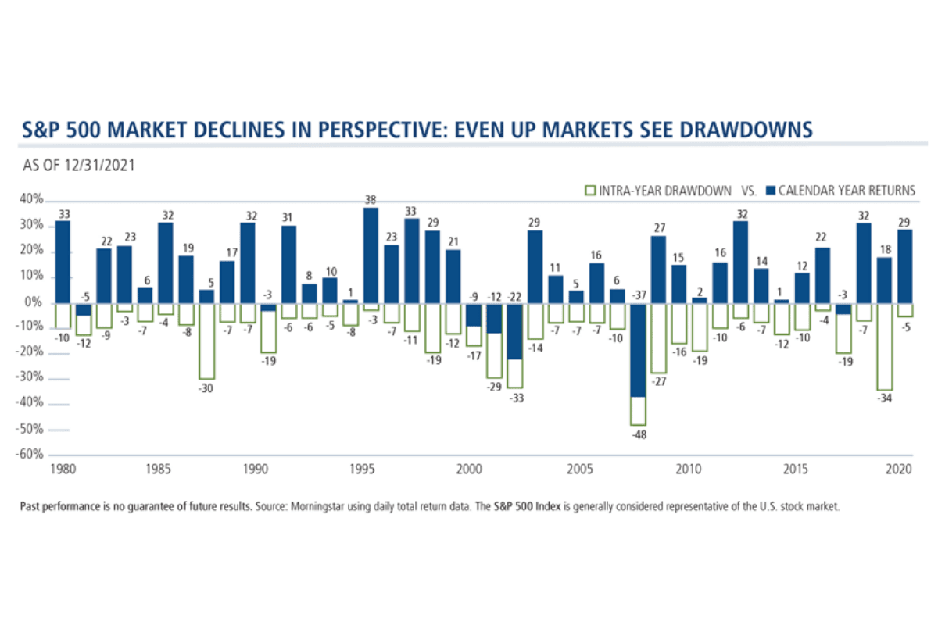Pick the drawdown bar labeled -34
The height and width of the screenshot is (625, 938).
[884, 347]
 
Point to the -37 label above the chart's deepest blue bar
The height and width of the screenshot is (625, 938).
[639, 296]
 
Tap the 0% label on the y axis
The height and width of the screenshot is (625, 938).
[34, 303]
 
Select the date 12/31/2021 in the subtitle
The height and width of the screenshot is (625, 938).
[98, 165]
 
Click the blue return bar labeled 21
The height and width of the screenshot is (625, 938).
[453, 277]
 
